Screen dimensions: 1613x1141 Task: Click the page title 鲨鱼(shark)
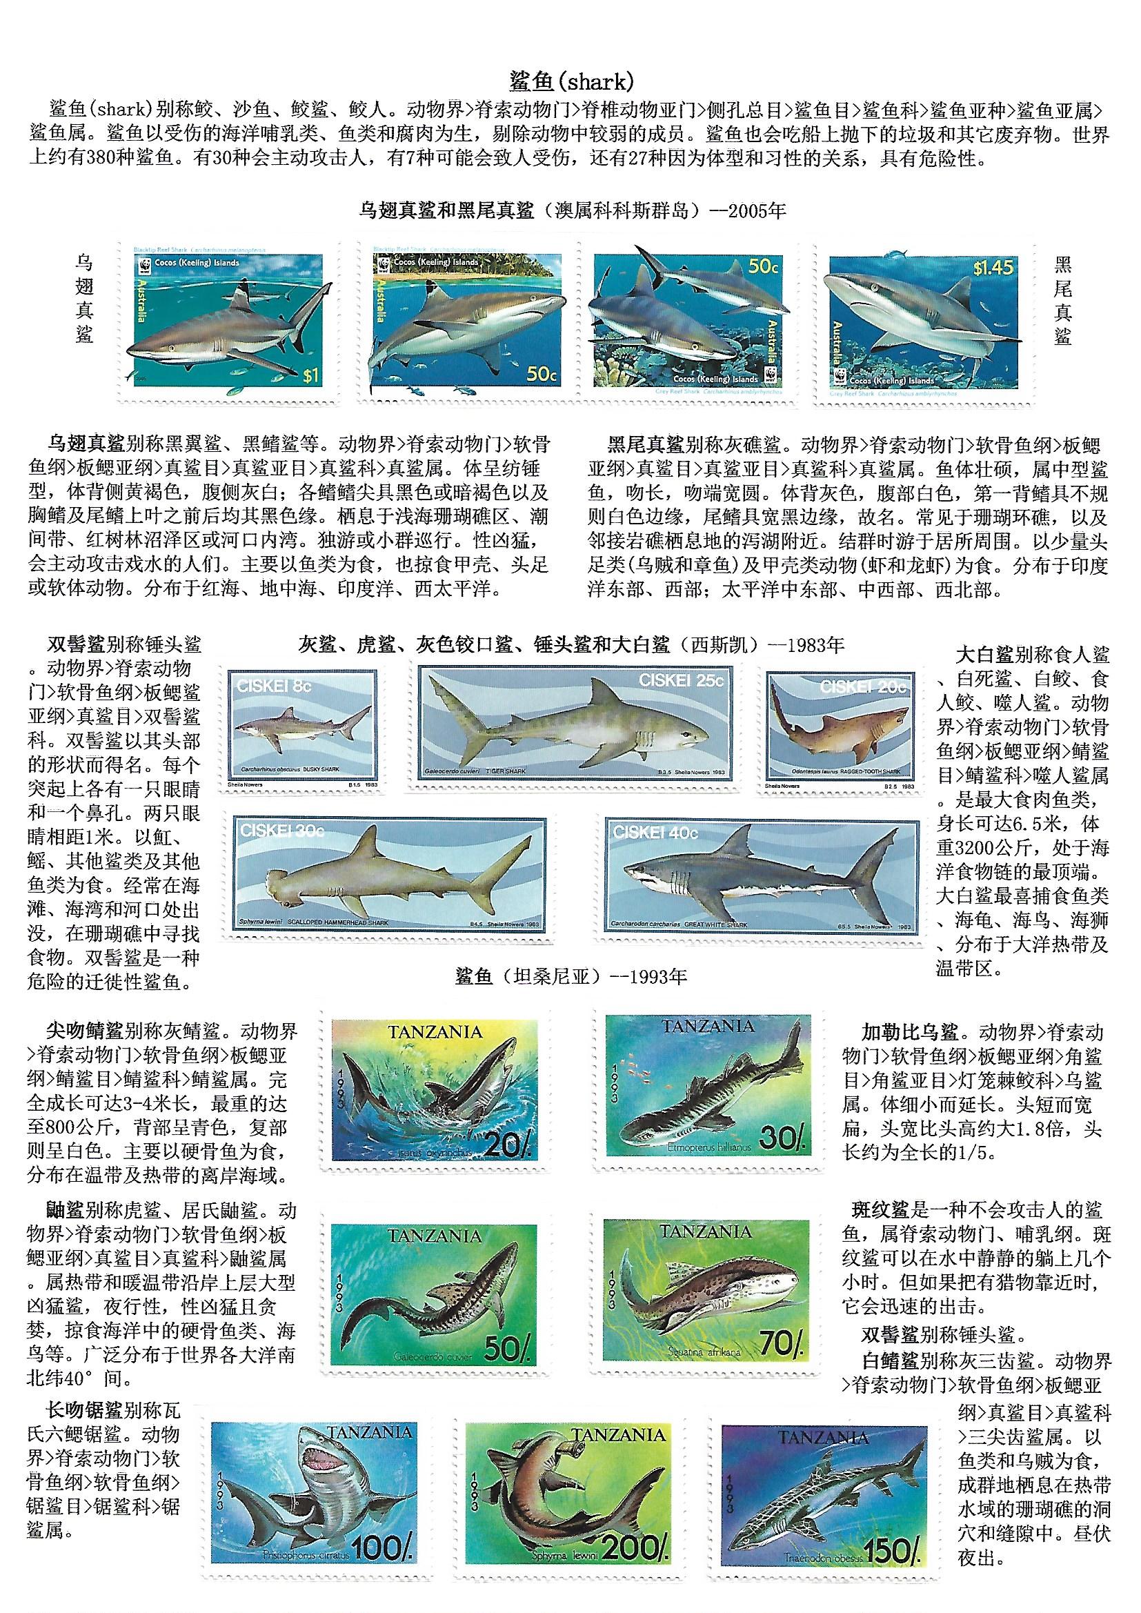pyautogui.click(x=570, y=82)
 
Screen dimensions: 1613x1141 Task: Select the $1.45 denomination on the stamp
pyautogui.click(x=993, y=268)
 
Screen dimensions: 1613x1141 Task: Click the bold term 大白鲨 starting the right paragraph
pyautogui.click(x=984, y=655)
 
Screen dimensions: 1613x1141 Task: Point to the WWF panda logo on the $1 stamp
pyautogui.click(x=147, y=266)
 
